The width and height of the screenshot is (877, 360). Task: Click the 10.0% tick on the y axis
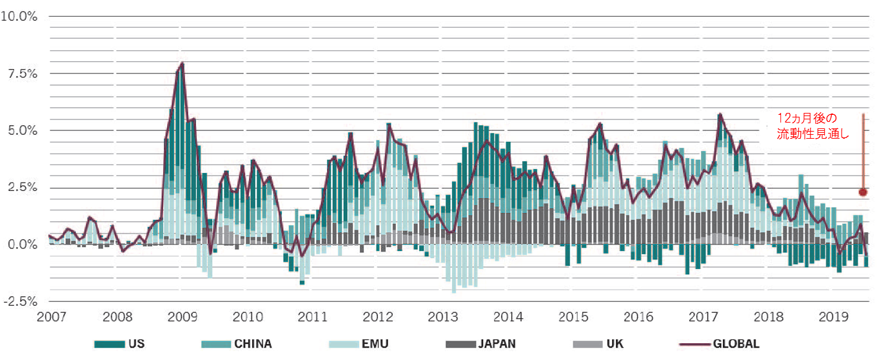coord(19,16)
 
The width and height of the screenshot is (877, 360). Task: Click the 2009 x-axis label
coord(182,317)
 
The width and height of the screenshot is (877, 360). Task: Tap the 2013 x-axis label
coord(443,317)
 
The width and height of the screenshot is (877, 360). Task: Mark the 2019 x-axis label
coord(833,317)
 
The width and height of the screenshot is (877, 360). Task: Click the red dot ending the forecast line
coord(863,192)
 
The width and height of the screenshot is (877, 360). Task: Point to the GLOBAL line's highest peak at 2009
coord(182,63)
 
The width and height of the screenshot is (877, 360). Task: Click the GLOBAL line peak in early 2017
coord(720,114)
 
